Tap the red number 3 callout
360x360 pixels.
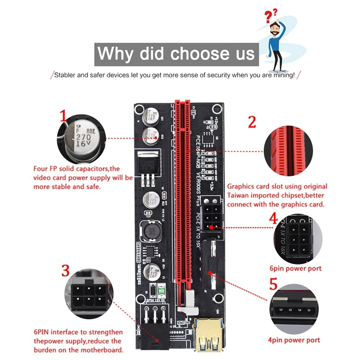coord(66,270)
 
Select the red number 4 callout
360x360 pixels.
coord(273,219)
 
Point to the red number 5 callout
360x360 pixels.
coord(273,285)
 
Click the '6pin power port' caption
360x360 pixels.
coord(295,268)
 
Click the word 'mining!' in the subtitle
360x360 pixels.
coord(282,75)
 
